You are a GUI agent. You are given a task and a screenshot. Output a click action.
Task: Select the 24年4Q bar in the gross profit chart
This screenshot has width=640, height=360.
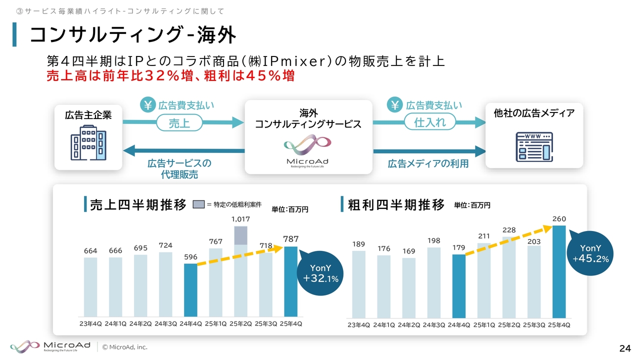(458, 286)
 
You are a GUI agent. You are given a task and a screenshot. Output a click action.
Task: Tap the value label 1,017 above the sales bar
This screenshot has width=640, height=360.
(240, 219)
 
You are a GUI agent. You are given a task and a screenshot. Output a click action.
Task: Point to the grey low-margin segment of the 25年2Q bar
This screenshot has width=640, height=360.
(240, 235)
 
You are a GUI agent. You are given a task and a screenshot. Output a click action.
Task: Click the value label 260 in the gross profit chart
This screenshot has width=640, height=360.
(559, 219)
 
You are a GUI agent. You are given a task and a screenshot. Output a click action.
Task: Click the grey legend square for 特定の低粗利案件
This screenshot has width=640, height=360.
(199, 204)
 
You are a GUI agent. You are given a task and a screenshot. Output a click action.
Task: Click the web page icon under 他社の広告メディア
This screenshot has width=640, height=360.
(534, 146)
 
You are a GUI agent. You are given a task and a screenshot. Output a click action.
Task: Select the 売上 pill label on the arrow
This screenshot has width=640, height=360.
(179, 122)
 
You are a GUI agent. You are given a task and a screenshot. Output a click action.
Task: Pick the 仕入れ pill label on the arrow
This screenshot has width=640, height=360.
(430, 121)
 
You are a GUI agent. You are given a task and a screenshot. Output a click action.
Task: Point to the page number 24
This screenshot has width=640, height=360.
(624, 348)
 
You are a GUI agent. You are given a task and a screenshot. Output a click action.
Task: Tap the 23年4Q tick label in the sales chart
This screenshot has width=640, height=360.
(90, 323)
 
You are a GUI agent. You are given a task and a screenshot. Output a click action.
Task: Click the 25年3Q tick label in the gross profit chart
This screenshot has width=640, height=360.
(533, 325)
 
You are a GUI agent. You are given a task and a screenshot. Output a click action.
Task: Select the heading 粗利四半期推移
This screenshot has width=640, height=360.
(396, 204)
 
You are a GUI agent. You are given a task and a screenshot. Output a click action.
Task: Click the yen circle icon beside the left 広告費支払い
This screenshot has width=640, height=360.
(148, 105)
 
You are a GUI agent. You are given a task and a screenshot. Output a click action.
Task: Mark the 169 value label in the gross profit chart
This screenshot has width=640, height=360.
(408, 251)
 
